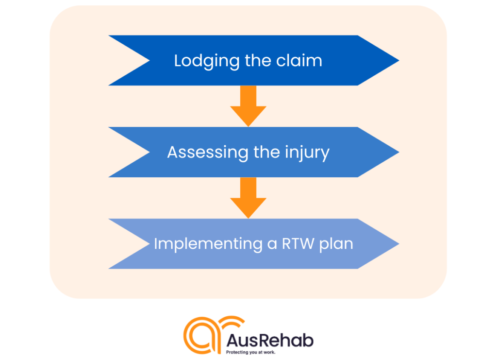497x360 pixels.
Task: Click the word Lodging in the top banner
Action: click(x=207, y=61)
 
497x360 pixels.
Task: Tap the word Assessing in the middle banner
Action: click(x=208, y=152)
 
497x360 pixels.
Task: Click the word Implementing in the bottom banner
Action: click(x=208, y=244)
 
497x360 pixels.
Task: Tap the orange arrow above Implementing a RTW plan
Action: click(x=248, y=198)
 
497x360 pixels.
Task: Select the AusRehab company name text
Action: click(x=270, y=341)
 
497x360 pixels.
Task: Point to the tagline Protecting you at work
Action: click(x=250, y=352)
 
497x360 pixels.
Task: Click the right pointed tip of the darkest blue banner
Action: click(x=399, y=60)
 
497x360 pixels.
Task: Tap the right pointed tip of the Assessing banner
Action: click(x=399, y=152)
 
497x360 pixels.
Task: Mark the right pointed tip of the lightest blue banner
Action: click(x=399, y=243)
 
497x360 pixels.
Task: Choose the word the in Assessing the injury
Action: click(x=266, y=152)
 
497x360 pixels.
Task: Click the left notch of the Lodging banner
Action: click(x=149, y=60)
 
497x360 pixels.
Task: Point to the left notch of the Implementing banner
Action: click(x=149, y=243)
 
